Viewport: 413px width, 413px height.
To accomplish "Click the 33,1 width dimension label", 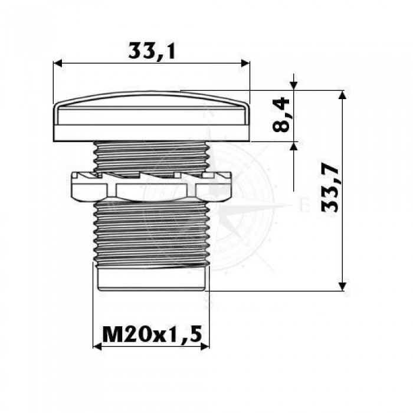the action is click(152, 51).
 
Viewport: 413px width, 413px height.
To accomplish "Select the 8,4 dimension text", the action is click(281, 114).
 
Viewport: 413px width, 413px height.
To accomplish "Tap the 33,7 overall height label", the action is click(330, 189).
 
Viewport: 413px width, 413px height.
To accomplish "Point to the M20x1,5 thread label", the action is click(152, 334).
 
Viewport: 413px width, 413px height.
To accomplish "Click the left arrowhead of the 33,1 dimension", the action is click(58, 63).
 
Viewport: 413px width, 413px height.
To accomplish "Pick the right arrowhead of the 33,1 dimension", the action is click(245, 63).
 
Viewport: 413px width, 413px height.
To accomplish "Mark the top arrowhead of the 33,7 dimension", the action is click(342, 95).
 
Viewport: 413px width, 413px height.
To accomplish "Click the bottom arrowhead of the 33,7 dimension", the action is click(342, 286).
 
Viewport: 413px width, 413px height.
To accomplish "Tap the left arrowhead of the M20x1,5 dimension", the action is click(97, 347).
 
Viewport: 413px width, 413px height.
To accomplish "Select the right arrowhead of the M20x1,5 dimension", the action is click(205, 347).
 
